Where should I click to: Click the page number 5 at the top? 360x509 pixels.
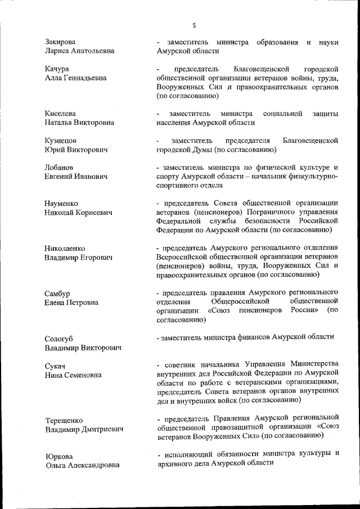click(194, 25)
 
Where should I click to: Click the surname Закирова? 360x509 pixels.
click(60, 42)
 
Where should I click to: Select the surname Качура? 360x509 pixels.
click(57, 69)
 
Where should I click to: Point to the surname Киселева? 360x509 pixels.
click(60, 114)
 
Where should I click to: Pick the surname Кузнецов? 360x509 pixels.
click(61, 140)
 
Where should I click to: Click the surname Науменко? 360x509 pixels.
click(61, 203)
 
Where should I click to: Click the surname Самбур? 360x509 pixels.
click(58, 293)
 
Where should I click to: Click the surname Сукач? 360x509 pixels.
click(55, 366)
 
